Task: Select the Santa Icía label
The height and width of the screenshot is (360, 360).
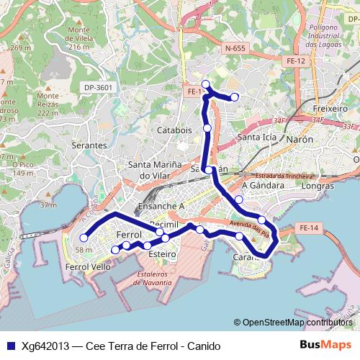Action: tap(256, 138)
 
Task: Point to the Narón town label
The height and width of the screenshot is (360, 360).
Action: tap(300, 138)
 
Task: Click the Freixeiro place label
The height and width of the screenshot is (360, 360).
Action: tap(330, 108)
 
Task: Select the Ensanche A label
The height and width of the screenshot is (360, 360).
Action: tap(161, 205)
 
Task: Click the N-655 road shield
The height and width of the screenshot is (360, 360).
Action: tap(235, 49)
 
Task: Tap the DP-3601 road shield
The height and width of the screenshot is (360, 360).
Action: tap(99, 87)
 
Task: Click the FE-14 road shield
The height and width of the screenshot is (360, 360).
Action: tap(307, 228)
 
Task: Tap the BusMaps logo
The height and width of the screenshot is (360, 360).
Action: tap(325, 345)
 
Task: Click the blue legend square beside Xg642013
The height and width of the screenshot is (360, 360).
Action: tap(9, 346)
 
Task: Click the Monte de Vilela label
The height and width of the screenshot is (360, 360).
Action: tap(83, 38)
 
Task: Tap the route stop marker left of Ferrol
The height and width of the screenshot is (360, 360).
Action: tap(84, 238)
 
